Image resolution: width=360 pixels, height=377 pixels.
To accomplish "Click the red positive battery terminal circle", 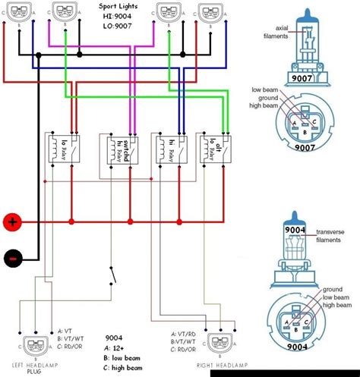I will [x=11, y=222].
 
